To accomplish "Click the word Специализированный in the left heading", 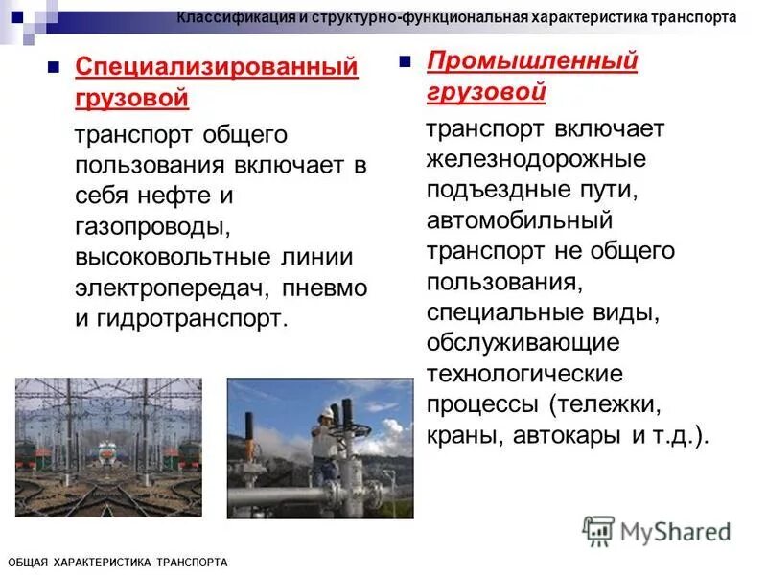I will (x=217, y=68).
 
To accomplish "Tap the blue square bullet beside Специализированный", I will (x=55, y=68).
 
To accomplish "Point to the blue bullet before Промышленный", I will (x=406, y=62).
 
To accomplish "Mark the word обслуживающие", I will (x=523, y=342).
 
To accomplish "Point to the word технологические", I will (x=524, y=373).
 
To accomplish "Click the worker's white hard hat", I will (x=329, y=410).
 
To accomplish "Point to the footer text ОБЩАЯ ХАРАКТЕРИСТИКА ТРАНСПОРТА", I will (x=117, y=563).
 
